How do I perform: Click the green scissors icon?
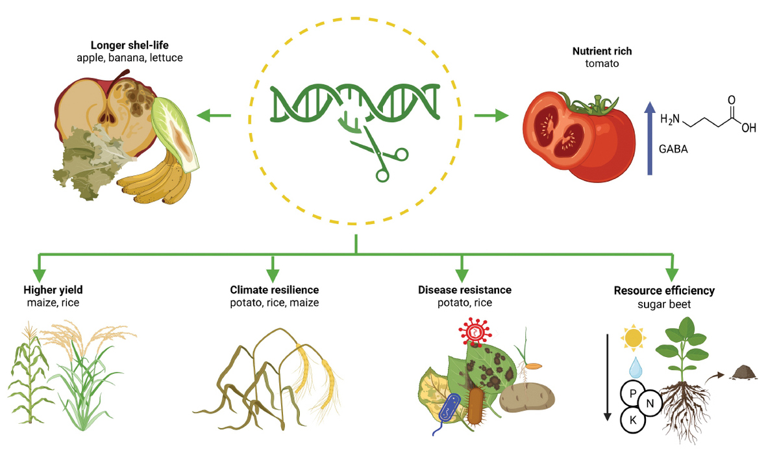point(380,154)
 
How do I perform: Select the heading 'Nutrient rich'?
point(602,51)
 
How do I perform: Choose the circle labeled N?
point(650,405)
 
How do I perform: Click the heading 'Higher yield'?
point(53,290)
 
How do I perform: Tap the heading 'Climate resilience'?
point(275,290)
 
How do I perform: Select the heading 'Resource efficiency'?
point(664,290)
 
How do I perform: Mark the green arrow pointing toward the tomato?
point(491,116)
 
